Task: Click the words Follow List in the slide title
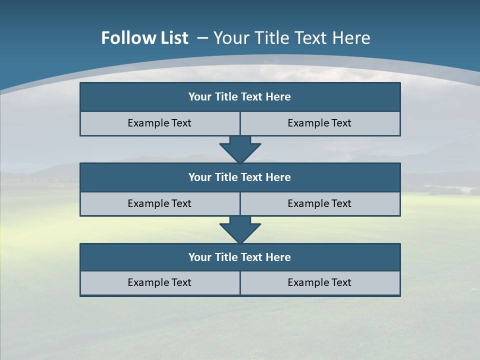click(x=145, y=38)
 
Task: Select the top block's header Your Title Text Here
click(x=239, y=97)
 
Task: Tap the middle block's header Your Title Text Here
click(x=239, y=177)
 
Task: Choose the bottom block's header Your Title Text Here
click(x=239, y=257)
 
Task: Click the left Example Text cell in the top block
click(x=159, y=123)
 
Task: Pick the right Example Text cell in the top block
click(x=319, y=123)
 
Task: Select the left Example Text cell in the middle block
click(x=159, y=204)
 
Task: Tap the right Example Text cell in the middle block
click(x=319, y=204)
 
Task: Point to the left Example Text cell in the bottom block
click(x=159, y=283)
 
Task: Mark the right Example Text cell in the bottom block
click(x=319, y=283)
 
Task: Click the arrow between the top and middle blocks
click(x=240, y=149)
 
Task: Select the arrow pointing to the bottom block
click(x=240, y=229)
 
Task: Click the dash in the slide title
click(x=203, y=38)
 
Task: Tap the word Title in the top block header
click(x=225, y=97)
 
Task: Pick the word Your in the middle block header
click(x=199, y=177)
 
